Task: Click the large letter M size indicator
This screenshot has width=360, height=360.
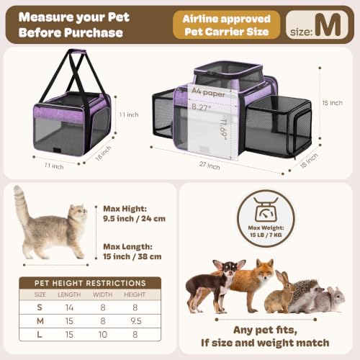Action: point(328,24)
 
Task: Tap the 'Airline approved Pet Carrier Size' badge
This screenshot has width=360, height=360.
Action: point(226,25)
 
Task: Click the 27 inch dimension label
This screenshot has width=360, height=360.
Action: point(210,166)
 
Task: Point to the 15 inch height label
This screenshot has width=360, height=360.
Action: point(332,103)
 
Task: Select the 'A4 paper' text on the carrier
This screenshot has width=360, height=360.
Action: point(208,92)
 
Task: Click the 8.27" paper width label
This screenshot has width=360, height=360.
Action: point(201,107)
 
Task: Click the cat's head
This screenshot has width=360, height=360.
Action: point(78,212)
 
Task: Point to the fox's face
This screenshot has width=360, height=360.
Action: point(264,270)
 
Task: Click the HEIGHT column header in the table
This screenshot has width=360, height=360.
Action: point(135,294)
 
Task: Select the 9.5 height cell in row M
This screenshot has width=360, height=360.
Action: point(136,321)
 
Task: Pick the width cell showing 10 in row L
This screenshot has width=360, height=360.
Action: point(103,335)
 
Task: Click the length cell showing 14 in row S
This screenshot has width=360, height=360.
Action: point(69,307)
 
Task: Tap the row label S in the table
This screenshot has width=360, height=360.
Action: point(40,307)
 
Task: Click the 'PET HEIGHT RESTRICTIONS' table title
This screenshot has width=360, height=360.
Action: point(90,283)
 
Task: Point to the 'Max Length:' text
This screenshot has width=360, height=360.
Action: point(127,247)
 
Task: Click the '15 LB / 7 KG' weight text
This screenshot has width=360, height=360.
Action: point(266,235)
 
